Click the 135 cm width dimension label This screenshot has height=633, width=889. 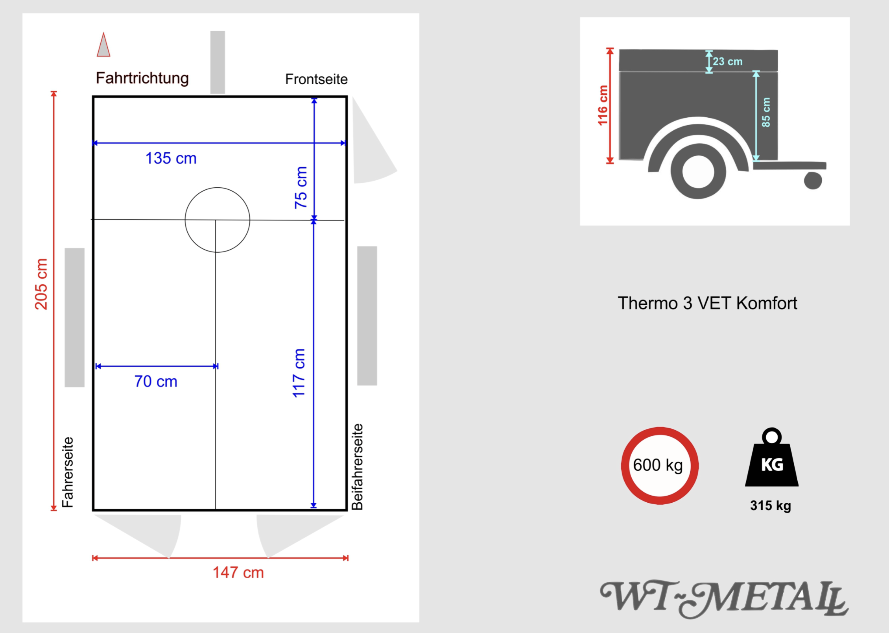(x=171, y=158)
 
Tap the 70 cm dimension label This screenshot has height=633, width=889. (x=156, y=381)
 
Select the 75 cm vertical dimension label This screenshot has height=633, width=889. (x=301, y=187)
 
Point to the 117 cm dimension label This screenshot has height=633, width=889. (x=299, y=373)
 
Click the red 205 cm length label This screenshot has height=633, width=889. (x=41, y=284)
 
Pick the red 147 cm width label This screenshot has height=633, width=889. (x=238, y=572)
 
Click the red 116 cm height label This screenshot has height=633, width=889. (x=603, y=105)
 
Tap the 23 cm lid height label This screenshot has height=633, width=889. (x=728, y=61)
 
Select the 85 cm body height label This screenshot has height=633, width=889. (x=766, y=112)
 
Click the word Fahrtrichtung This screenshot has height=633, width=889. (x=142, y=78)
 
